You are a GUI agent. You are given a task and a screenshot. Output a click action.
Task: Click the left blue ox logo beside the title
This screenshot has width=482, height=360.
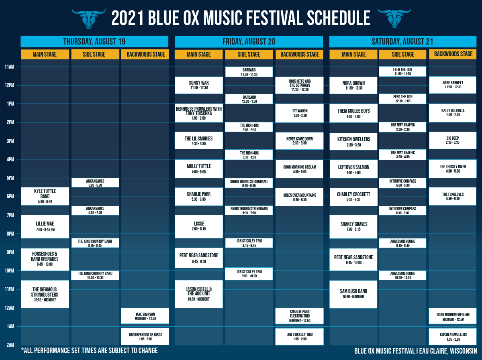point(89,18)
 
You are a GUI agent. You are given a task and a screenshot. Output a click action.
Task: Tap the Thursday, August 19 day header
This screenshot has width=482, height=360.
point(94,41)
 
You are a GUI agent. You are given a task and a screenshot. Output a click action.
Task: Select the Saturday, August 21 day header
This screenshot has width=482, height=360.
point(403,41)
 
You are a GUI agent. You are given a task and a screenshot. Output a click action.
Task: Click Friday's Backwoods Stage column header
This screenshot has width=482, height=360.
point(300,55)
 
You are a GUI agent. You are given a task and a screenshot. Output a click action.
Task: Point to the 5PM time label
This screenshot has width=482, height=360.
point(10,178)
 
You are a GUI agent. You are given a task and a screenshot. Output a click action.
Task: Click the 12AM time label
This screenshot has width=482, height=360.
point(10,308)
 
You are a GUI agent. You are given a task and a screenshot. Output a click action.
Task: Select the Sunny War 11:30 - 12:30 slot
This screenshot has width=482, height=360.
point(199,85)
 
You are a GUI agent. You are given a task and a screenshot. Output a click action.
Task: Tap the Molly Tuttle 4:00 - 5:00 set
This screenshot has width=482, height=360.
point(199,169)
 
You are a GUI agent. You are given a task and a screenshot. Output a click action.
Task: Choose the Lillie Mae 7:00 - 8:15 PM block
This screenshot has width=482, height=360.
point(45,226)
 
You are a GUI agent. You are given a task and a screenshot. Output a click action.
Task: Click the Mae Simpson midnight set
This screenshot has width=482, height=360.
point(145,316)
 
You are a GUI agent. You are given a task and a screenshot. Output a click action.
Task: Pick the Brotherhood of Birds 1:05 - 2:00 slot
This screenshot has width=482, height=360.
point(145,337)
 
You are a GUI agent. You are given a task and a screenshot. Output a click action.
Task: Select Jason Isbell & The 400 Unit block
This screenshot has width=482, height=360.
point(199,294)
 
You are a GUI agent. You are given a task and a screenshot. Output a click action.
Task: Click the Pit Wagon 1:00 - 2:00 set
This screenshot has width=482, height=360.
point(300,113)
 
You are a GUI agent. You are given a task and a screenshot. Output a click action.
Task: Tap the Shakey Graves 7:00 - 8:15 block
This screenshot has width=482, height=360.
point(353,227)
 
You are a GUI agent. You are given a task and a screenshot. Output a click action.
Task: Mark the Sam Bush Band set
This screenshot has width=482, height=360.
point(353,294)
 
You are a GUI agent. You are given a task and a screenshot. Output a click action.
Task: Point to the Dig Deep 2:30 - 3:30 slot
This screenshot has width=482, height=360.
point(453,140)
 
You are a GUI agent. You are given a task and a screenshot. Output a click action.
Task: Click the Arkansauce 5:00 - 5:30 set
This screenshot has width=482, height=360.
point(95,183)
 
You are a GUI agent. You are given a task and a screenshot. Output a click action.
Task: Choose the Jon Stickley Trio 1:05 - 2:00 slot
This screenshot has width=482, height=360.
point(300,337)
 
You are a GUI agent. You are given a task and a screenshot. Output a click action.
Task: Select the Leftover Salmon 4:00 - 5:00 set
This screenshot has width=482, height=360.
point(353,169)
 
